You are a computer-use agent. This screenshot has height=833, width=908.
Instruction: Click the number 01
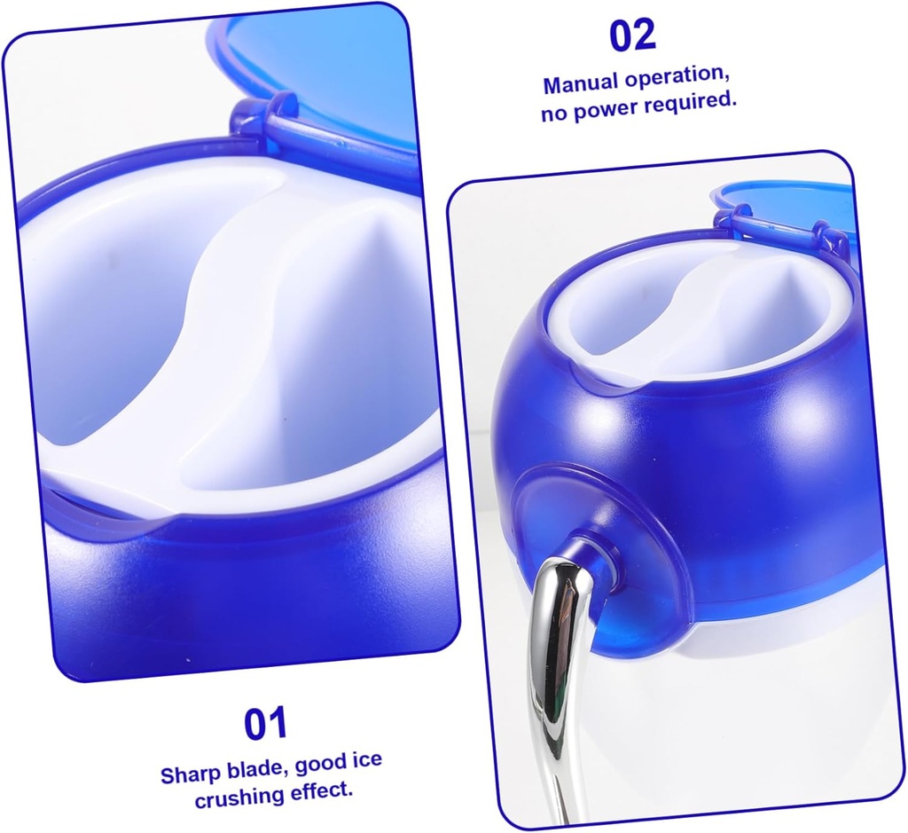(x=266, y=724)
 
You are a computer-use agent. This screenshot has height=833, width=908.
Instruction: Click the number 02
(x=632, y=35)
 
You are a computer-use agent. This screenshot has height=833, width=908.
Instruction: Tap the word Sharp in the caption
(x=189, y=774)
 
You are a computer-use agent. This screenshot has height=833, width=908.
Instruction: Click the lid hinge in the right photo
(x=780, y=227)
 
